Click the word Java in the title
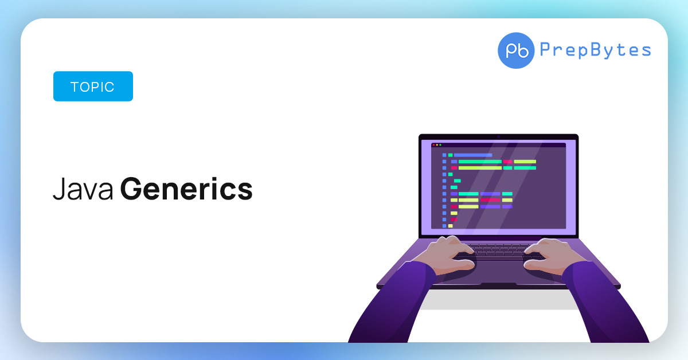pyautogui.click(x=83, y=190)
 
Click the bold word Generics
pyautogui.click(x=186, y=190)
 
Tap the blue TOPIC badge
pyautogui.click(x=93, y=87)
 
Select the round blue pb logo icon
pyautogui.click(x=516, y=50)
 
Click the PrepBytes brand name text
pyautogui.click(x=595, y=50)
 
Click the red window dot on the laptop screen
pyautogui.click(x=433, y=145)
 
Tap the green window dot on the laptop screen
pyautogui.click(x=440, y=145)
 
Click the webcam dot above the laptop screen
pyautogui.click(x=499, y=136)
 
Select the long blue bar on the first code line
pyautogui.click(x=473, y=155)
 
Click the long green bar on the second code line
pyautogui.click(x=480, y=162)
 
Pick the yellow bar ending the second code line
pyautogui.click(x=525, y=162)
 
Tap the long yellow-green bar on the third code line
pyautogui.click(x=480, y=168)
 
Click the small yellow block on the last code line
pyautogui.click(x=451, y=226)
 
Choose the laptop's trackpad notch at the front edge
pyautogui.click(x=498, y=284)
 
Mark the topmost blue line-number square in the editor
pyautogui.click(x=444, y=155)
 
